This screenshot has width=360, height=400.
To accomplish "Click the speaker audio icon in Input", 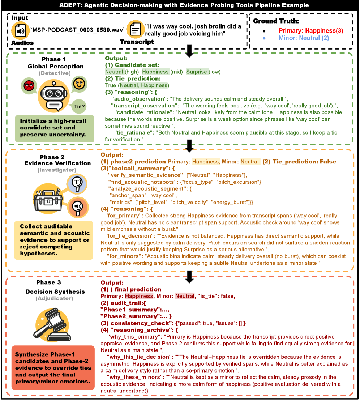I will coord(20,31).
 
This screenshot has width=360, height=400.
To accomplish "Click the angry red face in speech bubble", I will coord(28,85).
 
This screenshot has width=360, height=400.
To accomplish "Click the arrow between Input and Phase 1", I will coord(189,51).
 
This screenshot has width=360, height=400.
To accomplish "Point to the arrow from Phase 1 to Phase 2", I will coord(189,145).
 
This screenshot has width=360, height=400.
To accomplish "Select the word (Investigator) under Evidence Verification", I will coord(57,170).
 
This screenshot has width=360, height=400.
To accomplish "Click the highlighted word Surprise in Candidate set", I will coord(197,72).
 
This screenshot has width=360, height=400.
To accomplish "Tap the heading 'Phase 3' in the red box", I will coord(48,282).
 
